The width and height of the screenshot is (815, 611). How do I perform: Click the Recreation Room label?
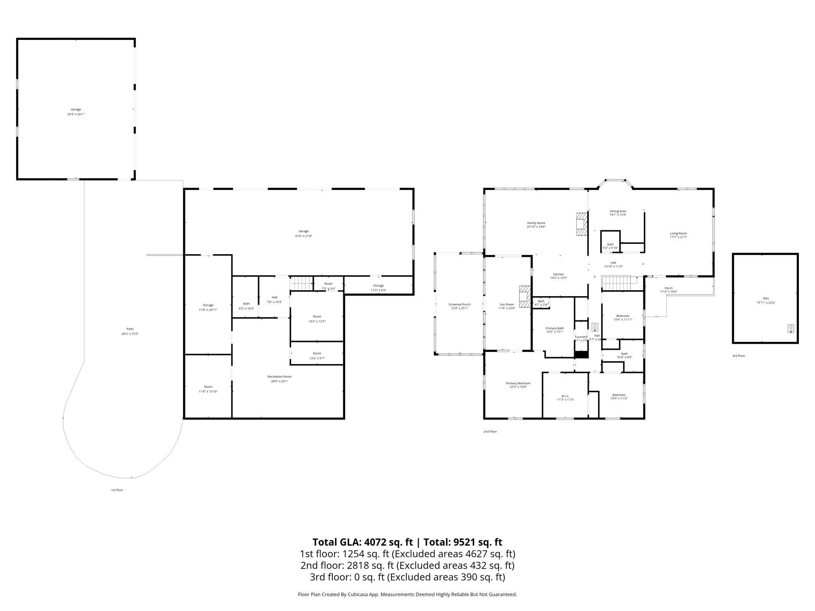pos(279,377)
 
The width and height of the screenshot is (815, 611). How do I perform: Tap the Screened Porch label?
pos(459,304)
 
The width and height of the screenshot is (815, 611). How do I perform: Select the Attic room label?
pos(766,298)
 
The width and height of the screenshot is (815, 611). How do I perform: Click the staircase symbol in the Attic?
pos(790,328)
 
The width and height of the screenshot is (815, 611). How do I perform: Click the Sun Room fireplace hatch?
pos(525,296)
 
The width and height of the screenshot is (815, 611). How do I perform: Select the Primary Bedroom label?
pos(518,383)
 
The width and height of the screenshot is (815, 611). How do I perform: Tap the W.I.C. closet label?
pos(565,396)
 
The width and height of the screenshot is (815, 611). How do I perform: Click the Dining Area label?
pos(618,211)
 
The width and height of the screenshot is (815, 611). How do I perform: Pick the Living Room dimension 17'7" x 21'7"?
pos(678,237)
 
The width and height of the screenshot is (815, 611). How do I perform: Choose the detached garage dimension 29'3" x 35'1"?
pos(76,114)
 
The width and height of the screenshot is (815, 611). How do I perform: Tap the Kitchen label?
pos(559,274)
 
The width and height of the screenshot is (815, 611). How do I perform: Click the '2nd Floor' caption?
pos(490,432)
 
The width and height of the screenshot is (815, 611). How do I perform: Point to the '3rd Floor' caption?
pos(739,356)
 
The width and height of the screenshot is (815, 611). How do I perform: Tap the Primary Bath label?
pos(554,328)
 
